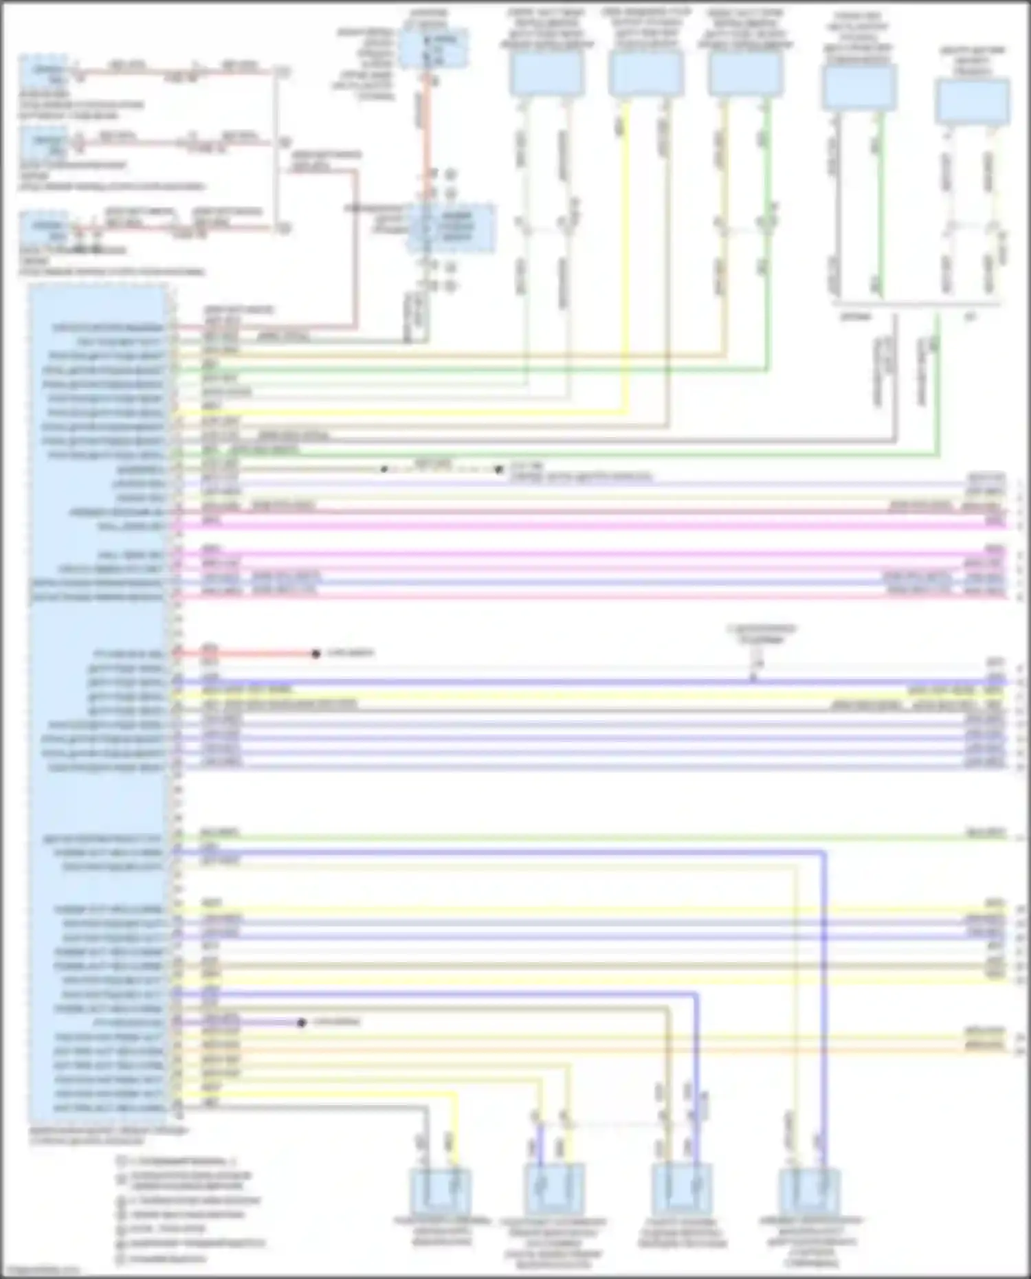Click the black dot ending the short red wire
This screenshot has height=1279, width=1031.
pos(316,654)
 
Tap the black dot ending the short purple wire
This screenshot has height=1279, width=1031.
pos(301,1023)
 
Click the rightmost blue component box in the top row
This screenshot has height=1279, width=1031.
pos(973,102)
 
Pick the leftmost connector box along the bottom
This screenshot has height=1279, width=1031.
pos(441,1190)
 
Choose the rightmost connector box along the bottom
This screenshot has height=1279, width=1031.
pos(810,1191)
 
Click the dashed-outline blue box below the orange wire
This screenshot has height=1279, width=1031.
pos(451,227)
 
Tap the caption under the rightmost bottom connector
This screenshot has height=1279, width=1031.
pos(811,1241)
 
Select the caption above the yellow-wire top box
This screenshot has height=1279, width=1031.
pos(645,27)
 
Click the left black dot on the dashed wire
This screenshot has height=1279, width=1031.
pos(384,469)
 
